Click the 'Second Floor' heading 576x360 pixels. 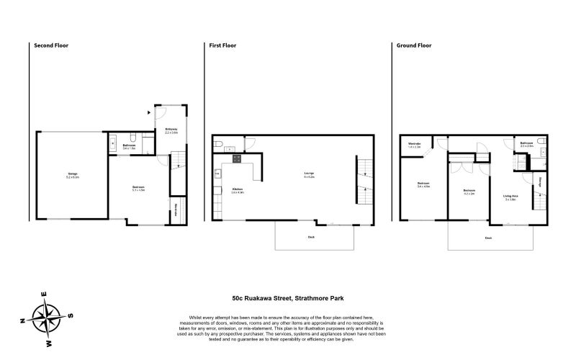[x=51, y=45]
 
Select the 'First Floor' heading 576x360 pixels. [x=222, y=45]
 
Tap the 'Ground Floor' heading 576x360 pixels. [x=414, y=45]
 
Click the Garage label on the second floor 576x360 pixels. [x=73, y=175]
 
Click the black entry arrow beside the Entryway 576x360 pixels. [x=148, y=112]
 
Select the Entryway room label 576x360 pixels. [x=171, y=131]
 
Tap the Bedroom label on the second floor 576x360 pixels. [x=139, y=189]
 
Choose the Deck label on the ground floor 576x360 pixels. [x=488, y=237]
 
